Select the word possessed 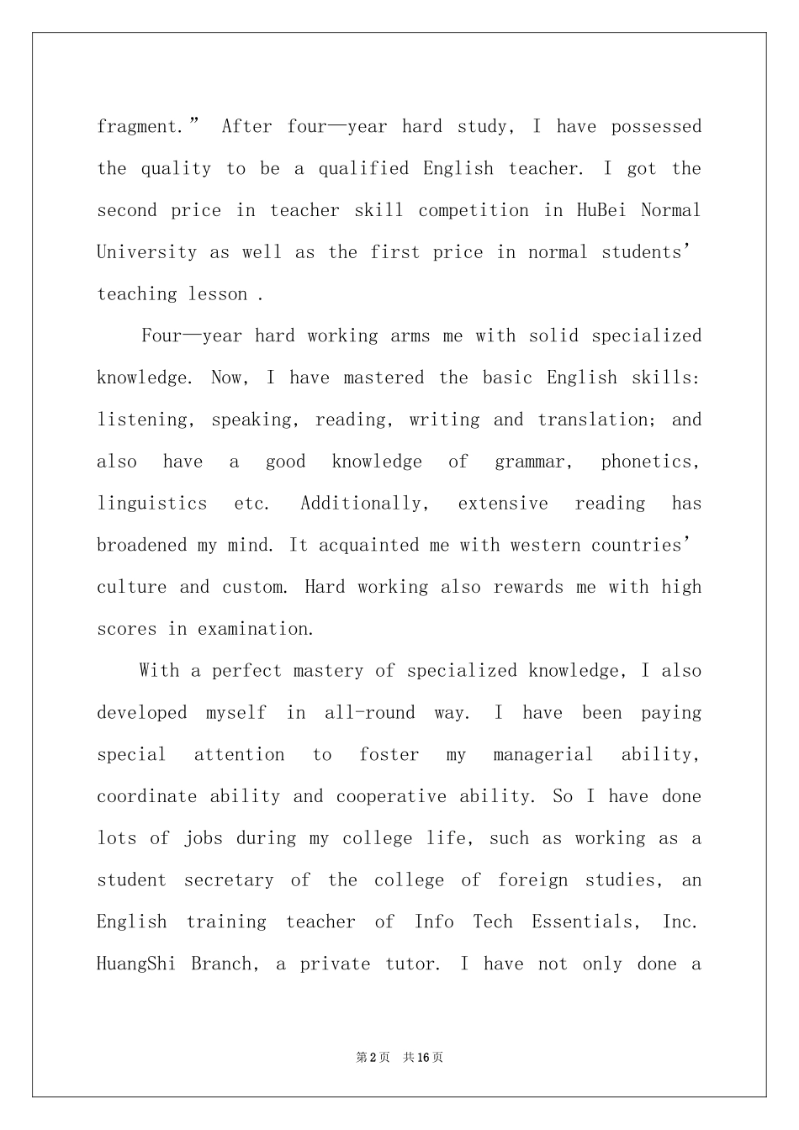pyautogui.click(x=656, y=127)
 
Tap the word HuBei pyautogui.click(x=601, y=210)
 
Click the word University pyautogui.click(x=147, y=252)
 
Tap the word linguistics pyautogui.click(x=152, y=504)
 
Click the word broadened pyautogui.click(x=142, y=545)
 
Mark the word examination pyautogui.click(x=255, y=629)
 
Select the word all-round pyautogui.click(x=370, y=713)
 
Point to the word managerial pyautogui.click(x=542, y=755)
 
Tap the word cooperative pyautogui.click(x=391, y=796)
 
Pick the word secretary pyautogui.click(x=229, y=880)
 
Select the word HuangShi pyautogui.click(x=136, y=964)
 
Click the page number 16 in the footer pyautogui.click(x=423, y=1057)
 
